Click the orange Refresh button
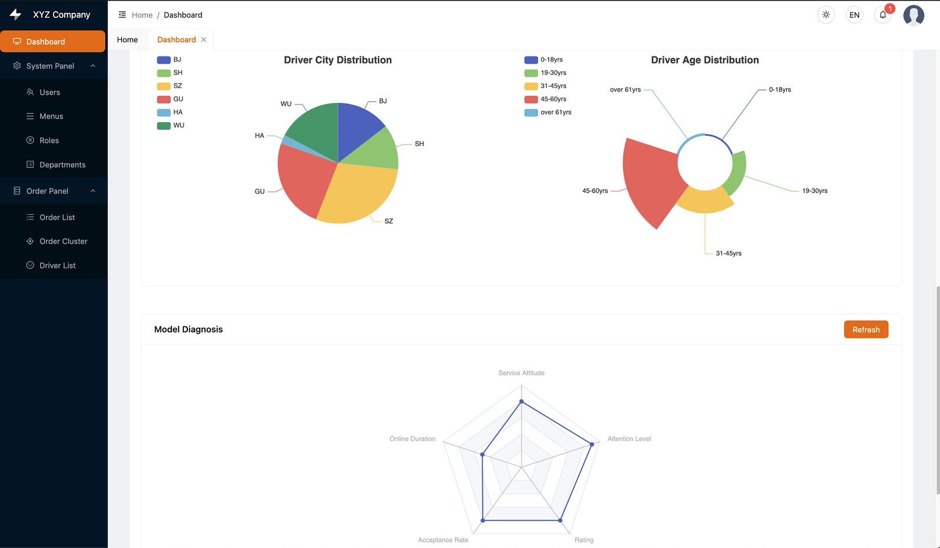[x=866, y=330]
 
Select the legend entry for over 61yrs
[x=548, y=112]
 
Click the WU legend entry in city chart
[x=170, y=126]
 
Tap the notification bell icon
[x=883, y=15]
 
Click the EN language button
[x=854, y=15]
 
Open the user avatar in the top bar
[x=914, y=15]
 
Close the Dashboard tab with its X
[x=203, y=39]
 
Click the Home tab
[x=127, y=39]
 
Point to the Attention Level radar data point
[x=592, y=444]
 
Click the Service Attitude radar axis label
[x=521, y=373]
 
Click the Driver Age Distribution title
[x=705, y=60]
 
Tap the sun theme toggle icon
[x=826, y=15]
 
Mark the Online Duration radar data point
[x=482, y=455]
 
